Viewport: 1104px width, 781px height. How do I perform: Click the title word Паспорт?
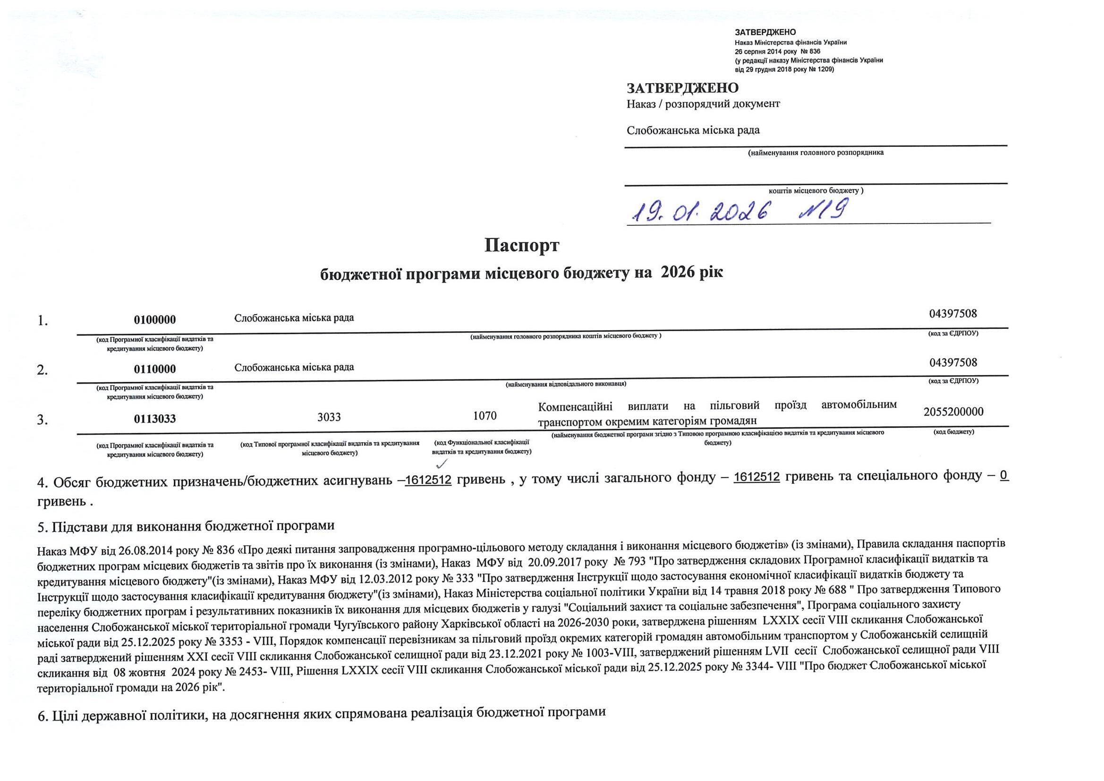522,245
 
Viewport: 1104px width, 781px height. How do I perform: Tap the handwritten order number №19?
822,210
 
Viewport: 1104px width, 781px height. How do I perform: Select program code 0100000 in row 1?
155,320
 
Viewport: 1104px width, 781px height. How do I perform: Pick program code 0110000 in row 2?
155,369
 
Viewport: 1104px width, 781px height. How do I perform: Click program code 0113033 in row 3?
155,419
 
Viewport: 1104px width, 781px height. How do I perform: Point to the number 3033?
329,417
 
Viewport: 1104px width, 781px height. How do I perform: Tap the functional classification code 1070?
484,416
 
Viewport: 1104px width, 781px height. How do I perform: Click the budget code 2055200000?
953,412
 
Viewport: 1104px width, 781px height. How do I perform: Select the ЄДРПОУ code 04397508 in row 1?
953,314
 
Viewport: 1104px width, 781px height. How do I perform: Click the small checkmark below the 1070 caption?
441,464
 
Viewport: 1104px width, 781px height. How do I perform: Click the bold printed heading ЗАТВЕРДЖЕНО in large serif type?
682,88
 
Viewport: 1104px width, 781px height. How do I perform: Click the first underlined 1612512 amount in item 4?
428,480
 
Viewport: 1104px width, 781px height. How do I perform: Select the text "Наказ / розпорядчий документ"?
703,104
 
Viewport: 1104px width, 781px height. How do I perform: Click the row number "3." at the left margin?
43,420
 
